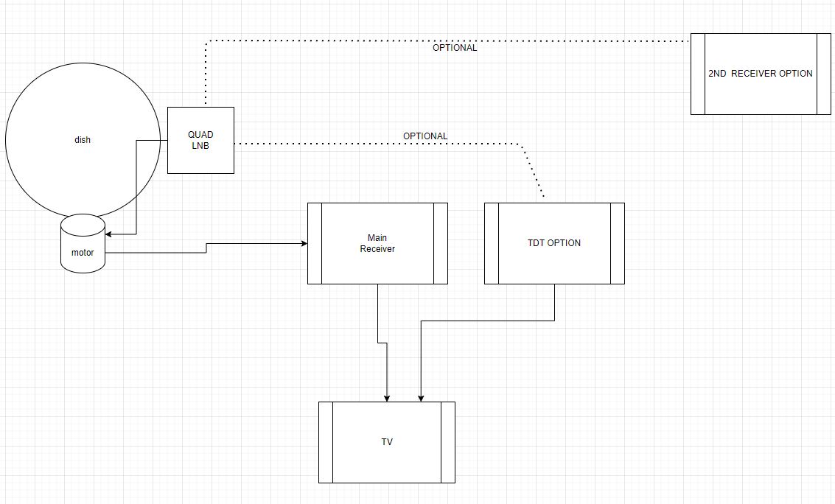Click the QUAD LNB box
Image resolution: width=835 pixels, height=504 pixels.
(200, 140)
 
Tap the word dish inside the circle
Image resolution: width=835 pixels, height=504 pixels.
(83, 140)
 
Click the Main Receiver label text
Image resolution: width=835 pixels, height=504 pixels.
(377, 243)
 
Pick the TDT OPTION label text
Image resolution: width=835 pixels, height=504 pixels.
(554, 243)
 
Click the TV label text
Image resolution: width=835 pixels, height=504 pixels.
(387, 442)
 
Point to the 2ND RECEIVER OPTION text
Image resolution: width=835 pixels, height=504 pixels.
(760, 74)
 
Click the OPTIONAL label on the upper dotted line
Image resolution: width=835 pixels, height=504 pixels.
(455, 48)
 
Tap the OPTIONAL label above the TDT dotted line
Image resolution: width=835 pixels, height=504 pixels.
(425, 136)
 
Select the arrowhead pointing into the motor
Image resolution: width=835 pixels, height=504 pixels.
(109, 234)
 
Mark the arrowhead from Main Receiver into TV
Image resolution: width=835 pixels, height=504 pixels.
(387, 398)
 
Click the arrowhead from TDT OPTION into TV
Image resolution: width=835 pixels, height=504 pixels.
(421, 398)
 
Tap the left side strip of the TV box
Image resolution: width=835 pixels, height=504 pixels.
(326, 442)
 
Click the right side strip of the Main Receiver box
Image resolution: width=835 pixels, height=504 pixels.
(441, 243)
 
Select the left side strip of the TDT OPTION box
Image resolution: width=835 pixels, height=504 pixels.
(492, 243)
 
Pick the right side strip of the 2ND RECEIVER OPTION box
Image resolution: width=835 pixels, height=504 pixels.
(824, 74)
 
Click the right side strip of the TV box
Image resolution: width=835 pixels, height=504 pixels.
(448, 442)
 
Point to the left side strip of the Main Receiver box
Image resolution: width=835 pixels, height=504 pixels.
(315, 243)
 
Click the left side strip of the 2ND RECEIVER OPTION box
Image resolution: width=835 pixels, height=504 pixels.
(698, 74)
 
